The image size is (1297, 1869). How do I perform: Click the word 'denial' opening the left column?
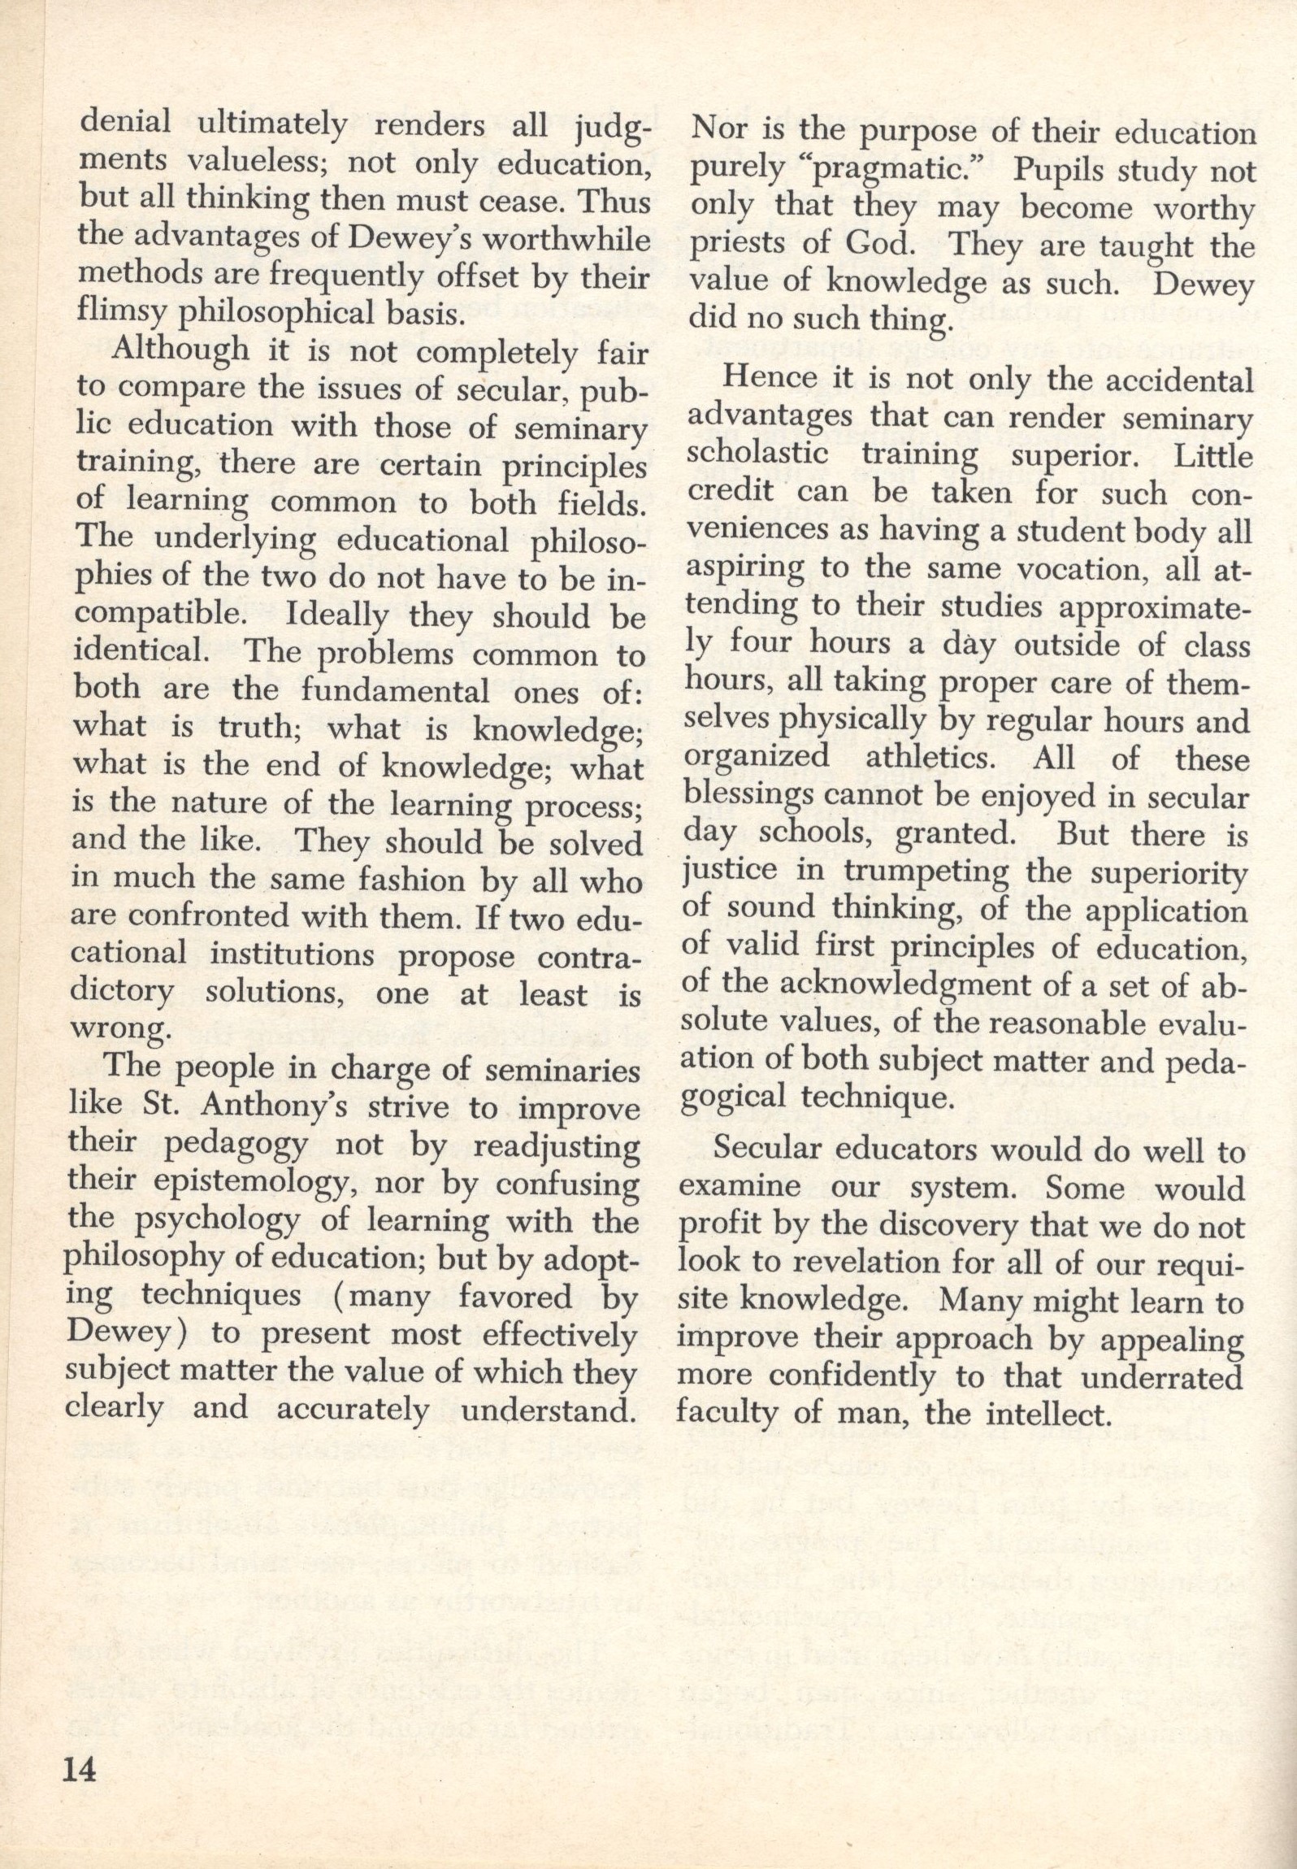[125, 124]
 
